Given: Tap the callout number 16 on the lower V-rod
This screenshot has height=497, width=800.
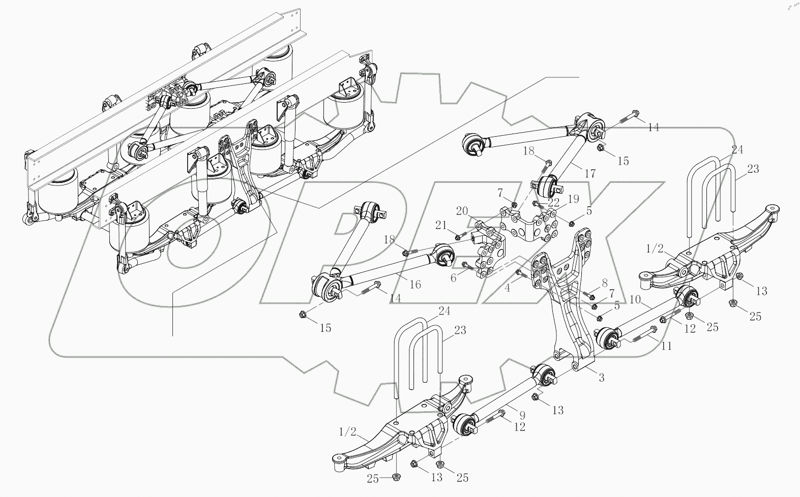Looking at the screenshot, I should coord(415,284).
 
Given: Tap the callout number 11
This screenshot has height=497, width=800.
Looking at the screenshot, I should coord(666,346).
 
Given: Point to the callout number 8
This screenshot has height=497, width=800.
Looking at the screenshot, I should coord(604,283).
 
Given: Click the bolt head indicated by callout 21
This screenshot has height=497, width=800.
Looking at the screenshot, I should coord(458,237).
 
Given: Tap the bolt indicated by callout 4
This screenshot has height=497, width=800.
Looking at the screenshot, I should coord(519,274).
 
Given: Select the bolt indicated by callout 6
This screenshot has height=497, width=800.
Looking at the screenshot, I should coord(466,264).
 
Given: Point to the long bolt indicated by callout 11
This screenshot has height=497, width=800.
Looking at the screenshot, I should coord(642,337).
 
